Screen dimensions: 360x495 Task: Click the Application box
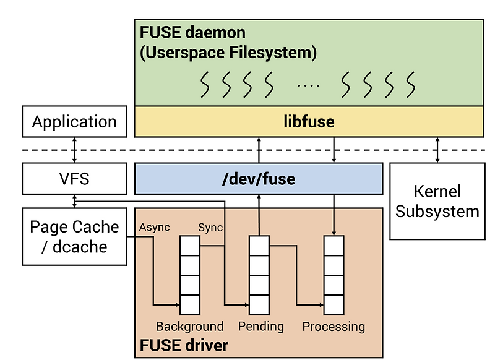74,121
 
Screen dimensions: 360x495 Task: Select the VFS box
74,179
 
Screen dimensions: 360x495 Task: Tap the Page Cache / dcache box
74,236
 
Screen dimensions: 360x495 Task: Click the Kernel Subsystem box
437,200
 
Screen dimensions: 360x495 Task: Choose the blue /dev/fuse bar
259,179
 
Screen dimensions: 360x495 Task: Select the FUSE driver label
184,345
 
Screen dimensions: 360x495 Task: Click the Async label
155,228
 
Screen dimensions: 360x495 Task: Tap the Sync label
210,228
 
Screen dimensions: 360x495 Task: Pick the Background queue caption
189,326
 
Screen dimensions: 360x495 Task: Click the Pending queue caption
260,326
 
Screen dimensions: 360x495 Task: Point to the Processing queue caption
334,326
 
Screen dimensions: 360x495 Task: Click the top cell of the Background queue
190,246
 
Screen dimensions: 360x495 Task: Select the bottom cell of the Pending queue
259,304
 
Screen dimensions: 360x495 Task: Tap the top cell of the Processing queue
334,246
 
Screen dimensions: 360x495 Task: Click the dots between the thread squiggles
308,85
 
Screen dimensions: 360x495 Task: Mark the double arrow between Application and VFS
74,150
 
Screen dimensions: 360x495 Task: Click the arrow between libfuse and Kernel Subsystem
437,150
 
